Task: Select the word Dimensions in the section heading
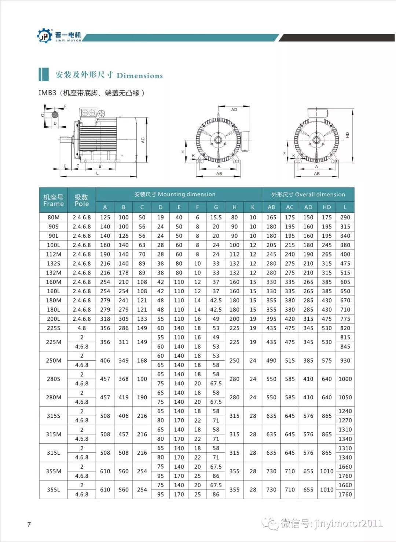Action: coord(140,76)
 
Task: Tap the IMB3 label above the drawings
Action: coord(47,93)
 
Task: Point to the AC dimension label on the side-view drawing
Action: coord(143,140)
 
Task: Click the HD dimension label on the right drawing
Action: coord(348,135)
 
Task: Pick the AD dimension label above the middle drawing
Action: coord(234,109)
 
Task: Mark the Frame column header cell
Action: coord(54,200)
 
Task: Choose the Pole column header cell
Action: coord(82,200)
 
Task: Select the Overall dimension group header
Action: coord(308,194)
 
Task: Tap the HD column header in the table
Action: coord(327,207)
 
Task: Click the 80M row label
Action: coord(54,217)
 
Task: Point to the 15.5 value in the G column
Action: coord(216,217)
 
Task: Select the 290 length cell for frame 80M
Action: coord(345,217)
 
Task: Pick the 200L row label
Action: coord(54,319)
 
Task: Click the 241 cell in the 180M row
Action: coord(124,301)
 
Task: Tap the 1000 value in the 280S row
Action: coord(345,379)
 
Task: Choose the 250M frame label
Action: coord(54,360)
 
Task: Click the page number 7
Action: coord(29,524)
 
